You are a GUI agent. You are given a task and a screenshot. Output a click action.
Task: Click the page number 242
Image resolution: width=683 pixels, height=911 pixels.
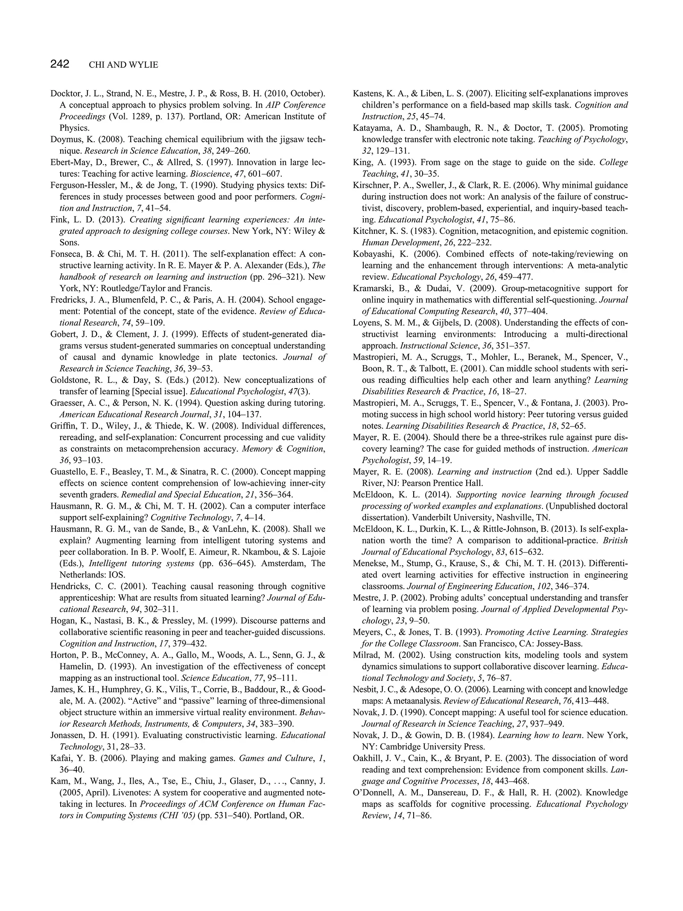pos(60,64)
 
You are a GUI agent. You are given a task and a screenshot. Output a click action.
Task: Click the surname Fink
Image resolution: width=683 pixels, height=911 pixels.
pos(58,220)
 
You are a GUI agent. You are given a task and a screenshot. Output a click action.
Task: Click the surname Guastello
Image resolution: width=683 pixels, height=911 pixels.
pos(69,472)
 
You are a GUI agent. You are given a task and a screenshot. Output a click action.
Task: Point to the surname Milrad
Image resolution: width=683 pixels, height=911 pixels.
pos(366,655)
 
